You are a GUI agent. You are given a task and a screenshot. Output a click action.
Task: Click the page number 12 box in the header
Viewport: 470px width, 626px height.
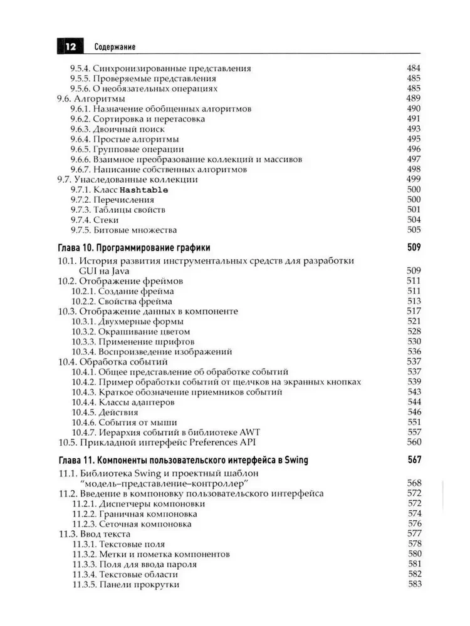pos(68,46)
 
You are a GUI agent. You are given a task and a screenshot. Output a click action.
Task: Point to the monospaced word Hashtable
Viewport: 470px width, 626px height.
pos(144,189)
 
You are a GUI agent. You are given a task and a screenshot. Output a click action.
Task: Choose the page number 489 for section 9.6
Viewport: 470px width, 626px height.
pos(413,99)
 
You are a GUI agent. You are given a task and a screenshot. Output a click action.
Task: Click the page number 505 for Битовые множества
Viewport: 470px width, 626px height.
pos(413,230)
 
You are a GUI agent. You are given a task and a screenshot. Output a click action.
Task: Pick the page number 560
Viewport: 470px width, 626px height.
pos(413,443)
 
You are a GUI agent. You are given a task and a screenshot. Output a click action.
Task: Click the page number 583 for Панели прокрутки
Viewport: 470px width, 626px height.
pos(413,584)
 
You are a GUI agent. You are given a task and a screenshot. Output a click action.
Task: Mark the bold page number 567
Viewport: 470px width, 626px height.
pos(413,460)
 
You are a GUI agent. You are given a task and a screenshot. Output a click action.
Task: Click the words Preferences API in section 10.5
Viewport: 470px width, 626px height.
pos(241,443)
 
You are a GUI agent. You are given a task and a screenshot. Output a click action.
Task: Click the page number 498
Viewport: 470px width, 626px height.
pos(413,169)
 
